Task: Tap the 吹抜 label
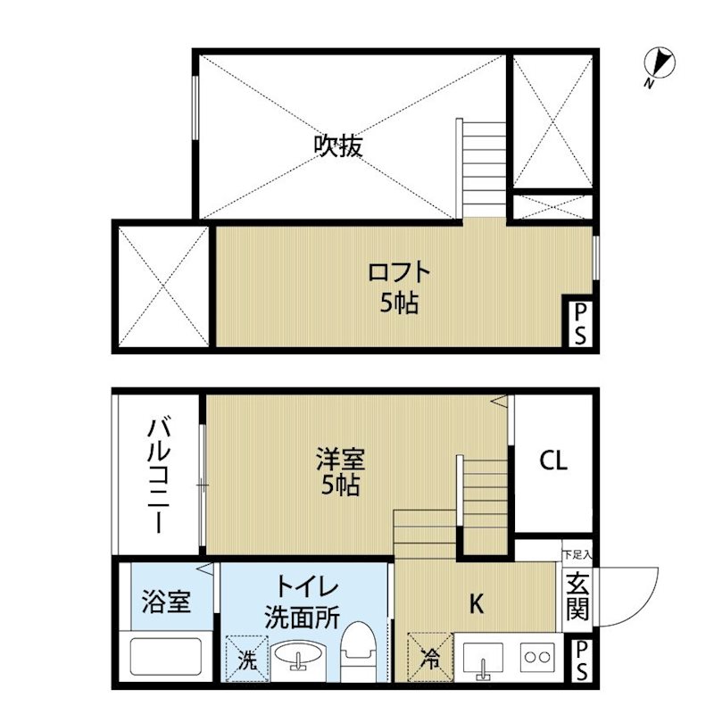coord(338,146)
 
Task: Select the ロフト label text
coord(399,272)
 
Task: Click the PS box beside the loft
coord(579,324)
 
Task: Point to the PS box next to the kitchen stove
coord(581,660)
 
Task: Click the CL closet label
coord(553,461)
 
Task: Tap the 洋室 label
coord(341,459)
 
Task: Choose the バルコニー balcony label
coord(159,477)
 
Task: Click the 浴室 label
coord(165,601)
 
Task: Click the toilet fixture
coord(358,652)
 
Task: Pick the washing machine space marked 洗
coord(247,659)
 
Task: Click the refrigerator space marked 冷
coord(430,657)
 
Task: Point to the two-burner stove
coord(538,657)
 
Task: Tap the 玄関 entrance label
coord(577,596)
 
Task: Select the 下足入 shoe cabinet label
coord(577,555)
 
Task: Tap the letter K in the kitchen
coord(476,604)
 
